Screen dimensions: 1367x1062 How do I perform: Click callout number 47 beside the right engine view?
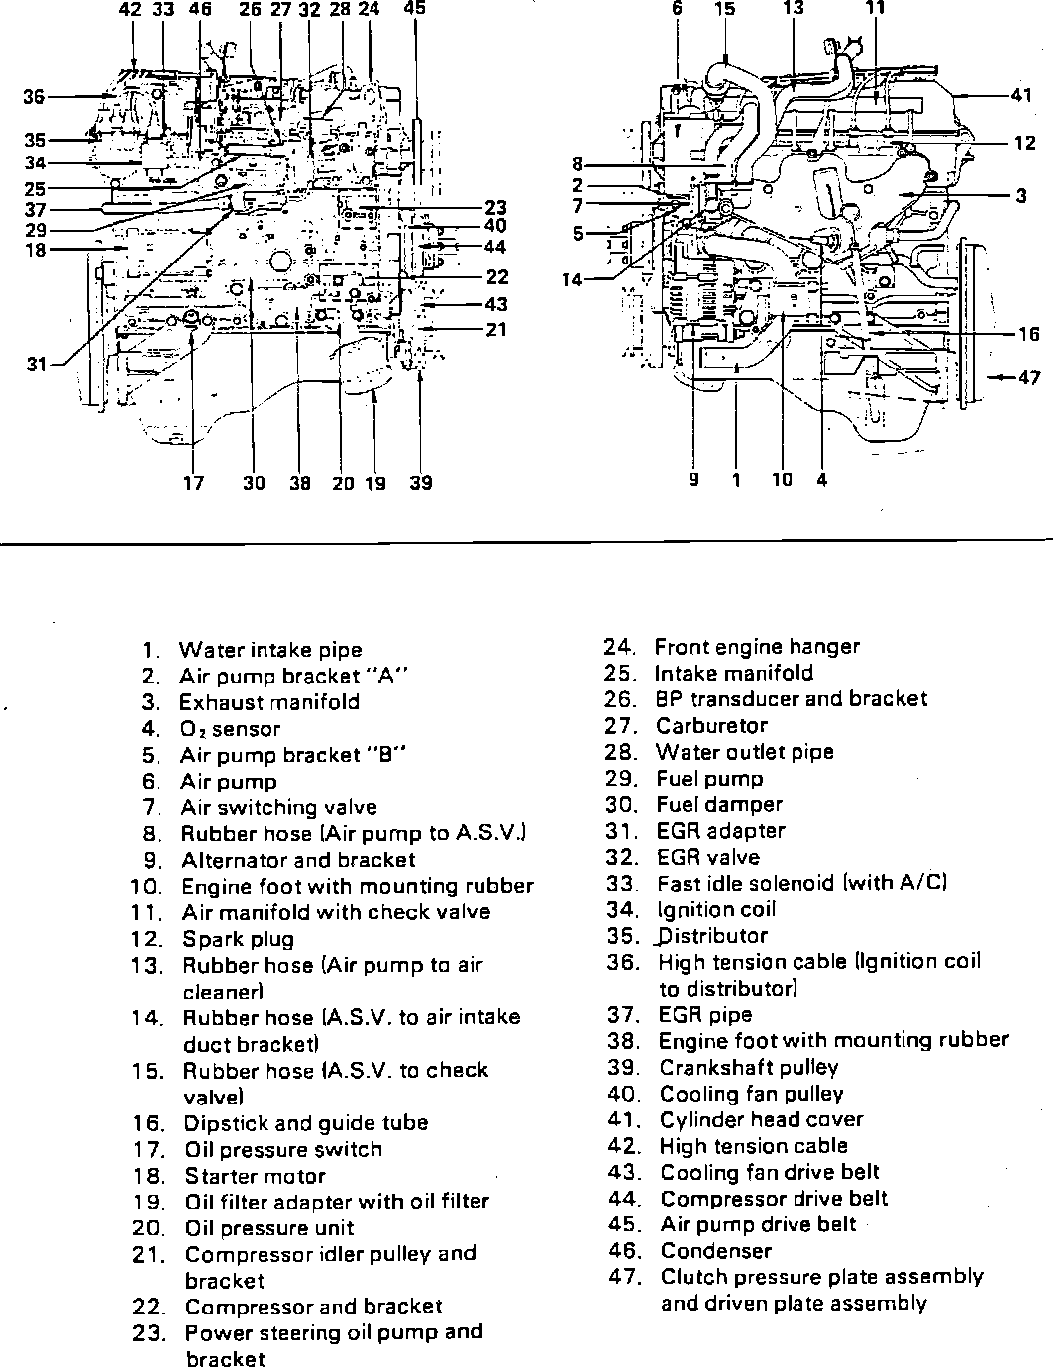[1029, 377]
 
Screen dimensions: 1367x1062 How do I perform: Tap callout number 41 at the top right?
[1022, 95]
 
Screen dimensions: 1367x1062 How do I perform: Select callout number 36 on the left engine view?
[34, 97]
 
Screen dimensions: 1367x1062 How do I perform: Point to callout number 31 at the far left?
[37, 365]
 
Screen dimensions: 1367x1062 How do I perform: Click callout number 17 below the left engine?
[193, 483]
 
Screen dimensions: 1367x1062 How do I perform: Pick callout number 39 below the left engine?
[421, 483]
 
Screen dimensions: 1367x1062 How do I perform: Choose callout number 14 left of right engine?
[572, 280]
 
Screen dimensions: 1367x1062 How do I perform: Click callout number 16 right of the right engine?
[1029, 334]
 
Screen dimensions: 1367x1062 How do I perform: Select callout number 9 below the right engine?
[693, 480]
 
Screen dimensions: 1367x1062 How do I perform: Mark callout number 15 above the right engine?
[724, 9]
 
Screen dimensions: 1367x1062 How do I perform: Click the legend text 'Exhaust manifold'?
[269, 702]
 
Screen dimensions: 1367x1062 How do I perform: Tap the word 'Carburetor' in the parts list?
[711, 725]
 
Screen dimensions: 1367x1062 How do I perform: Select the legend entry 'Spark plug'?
[239, 939]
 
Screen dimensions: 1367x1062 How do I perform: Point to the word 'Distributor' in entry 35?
[713, 936]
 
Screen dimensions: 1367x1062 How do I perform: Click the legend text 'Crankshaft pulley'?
[749, 1068]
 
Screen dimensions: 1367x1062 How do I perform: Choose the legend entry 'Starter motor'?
[255, 1176]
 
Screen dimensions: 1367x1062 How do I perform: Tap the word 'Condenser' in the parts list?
[715, 1251]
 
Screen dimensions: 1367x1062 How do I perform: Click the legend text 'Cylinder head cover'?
[761, 1120]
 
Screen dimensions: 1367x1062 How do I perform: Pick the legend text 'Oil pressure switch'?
[283, 1149]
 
